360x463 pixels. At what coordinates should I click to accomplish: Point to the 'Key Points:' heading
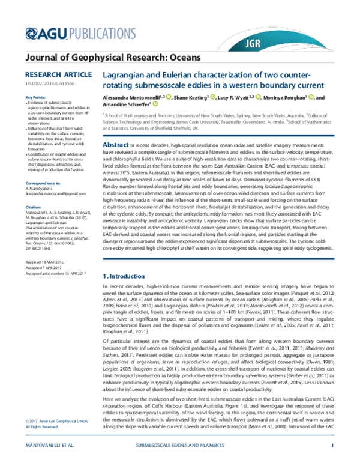(35, 97)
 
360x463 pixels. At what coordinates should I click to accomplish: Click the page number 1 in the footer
(332, 445)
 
